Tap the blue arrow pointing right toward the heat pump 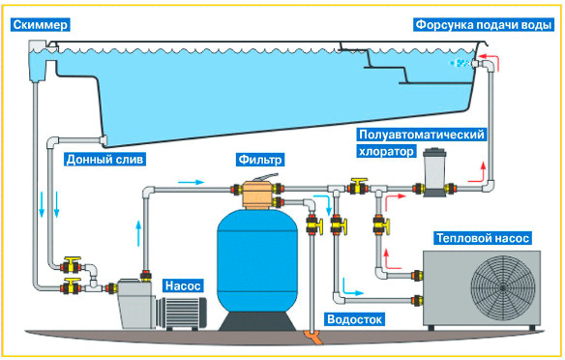tap(357, 287)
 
